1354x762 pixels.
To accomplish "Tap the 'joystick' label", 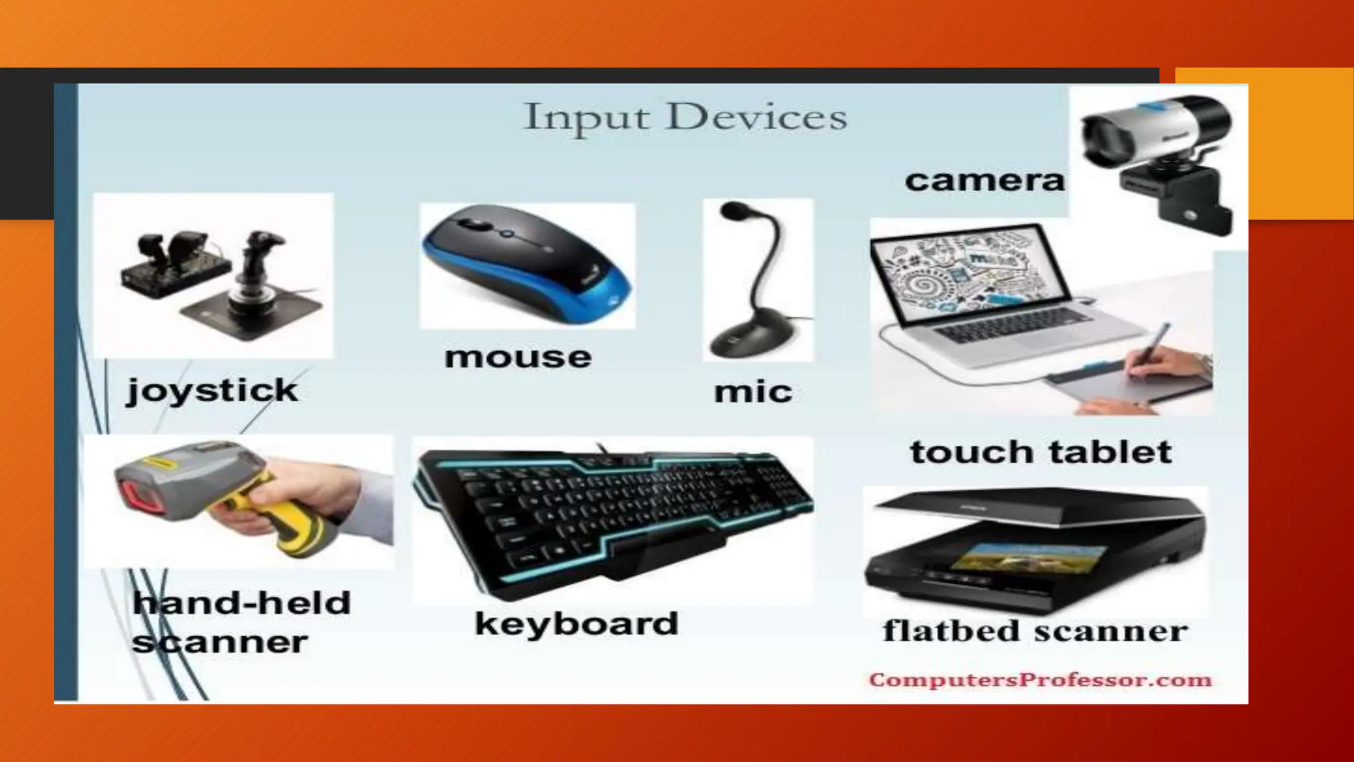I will (212, 390).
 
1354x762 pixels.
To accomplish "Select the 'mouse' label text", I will (518, 357).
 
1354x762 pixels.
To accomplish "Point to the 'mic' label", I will (753, 392).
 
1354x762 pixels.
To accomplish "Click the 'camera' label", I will (984, 180).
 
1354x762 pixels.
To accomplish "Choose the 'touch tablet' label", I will (1041, 452).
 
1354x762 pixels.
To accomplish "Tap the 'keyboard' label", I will (577, 624).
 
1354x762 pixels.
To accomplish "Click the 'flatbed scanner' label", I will (1035, 630).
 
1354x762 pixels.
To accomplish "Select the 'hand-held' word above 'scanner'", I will (242, 603).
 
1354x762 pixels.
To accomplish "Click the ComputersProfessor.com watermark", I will (1040, 680).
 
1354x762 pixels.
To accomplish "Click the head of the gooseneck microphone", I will (733, 212).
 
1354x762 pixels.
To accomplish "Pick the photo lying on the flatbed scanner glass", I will (1000, 560).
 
